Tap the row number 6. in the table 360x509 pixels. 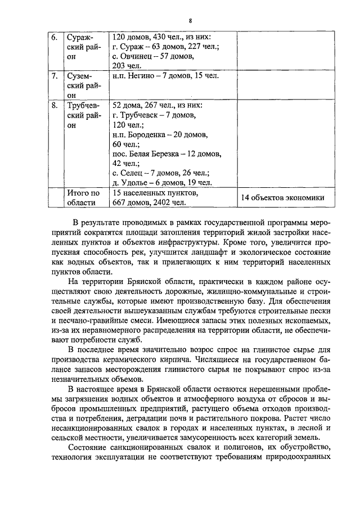tap(55, 37)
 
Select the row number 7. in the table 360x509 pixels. tap(55, 76)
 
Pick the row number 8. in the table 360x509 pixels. tap(55, 105)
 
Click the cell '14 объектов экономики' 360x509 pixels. tap(283, 197)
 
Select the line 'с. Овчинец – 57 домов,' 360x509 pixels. tap(154, 56)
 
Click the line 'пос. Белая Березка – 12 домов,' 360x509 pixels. tap(167, 154)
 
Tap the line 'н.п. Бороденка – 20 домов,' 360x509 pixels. tap(160, 134)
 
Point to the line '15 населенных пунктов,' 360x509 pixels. tap(155, 193)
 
